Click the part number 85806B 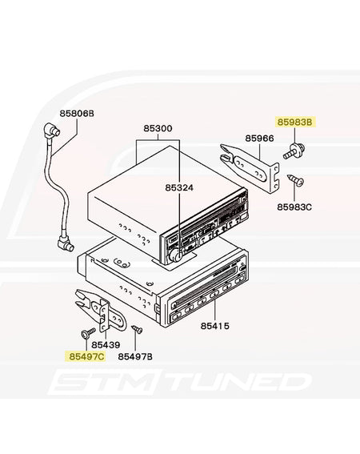pos(77,114)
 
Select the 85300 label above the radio pos(158,128)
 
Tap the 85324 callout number pos(179,187)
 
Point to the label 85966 pos(259,139)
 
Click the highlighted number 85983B pos(295,123)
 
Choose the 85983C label pos(294,207)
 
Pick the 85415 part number pos(215,326)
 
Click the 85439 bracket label pos(106,345)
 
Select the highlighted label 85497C pos(86,356)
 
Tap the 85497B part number pos(135,356)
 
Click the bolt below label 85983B pos(294,151)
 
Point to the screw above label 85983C pos(295,180)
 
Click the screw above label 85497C pos(87,332)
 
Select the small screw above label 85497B pos(137,329)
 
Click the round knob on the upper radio pos(176,255)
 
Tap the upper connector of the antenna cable pos(51,131)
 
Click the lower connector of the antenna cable pos(66,243)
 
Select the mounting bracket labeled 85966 pos(250,168)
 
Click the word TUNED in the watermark pos(238,382)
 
